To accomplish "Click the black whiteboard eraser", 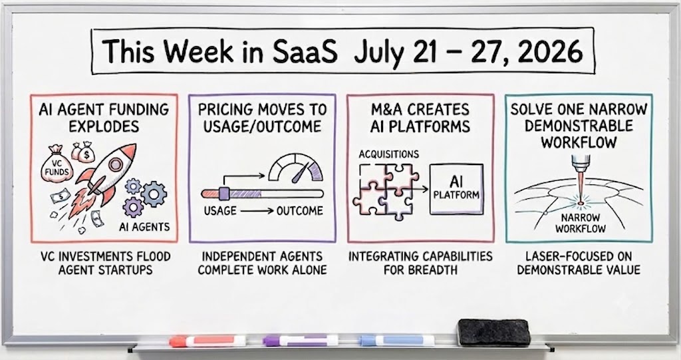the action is (494, 332).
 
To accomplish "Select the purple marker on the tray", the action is (300, 340).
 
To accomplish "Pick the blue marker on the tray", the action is (396, 340).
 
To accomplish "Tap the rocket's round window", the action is (115, 164).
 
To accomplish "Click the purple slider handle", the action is (224, 193).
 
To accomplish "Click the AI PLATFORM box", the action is (456, 189).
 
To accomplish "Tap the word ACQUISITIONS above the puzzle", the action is (389, 154).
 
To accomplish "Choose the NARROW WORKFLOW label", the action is (580, 223).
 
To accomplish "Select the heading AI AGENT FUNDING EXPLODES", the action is (104, 117).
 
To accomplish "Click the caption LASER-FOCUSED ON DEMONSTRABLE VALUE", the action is (579, 263).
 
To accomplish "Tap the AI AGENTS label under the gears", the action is (144, 227).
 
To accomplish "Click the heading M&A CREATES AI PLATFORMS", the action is (420, 117).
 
